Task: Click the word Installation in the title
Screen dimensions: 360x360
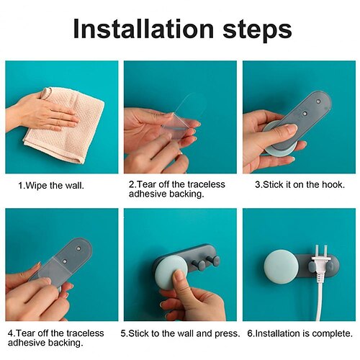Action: click(143, 29)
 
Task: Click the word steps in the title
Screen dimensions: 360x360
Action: click(257, 30)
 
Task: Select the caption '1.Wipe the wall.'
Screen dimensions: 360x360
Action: click(51, 186)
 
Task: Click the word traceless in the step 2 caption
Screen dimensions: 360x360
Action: click(206, 184)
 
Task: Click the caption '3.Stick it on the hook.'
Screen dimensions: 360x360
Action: click(300, 184)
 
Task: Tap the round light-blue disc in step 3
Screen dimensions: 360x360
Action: click(279, 139)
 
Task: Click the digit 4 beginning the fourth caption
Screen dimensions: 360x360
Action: click(10, 333)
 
